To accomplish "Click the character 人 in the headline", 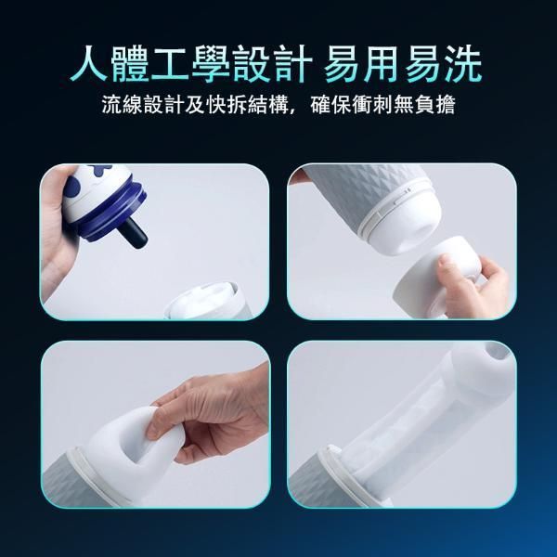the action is (89, 64).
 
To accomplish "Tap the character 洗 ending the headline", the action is (463, 64).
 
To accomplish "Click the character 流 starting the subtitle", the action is (111, 104).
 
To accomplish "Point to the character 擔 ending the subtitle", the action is (446, 104).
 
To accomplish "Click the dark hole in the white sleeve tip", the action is (497, 352).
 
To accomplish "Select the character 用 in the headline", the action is (381, 64).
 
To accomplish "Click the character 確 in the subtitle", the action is (320, 104).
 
